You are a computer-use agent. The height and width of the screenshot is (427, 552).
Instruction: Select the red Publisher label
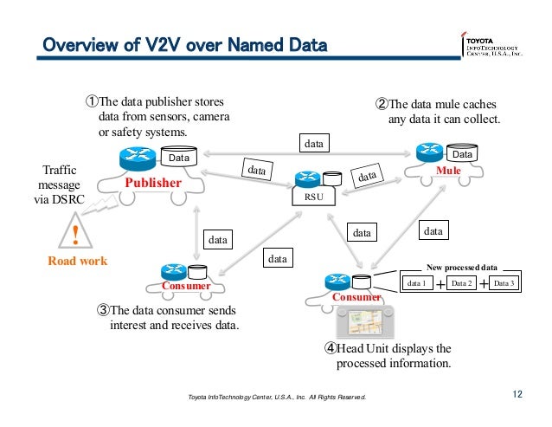tap(151, 184)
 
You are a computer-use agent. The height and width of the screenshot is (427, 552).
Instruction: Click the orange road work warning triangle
tap(76, 234)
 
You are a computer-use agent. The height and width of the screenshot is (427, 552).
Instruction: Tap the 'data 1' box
tap(417, 283)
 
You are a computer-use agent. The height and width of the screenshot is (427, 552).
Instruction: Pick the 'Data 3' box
tap(504, 283)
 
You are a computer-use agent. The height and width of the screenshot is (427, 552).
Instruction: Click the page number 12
tap(517, 396)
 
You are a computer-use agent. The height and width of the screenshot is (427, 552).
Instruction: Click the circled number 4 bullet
tap(331, 348)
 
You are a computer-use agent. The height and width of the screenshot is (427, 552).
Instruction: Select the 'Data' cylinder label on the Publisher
tap(178, 159)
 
